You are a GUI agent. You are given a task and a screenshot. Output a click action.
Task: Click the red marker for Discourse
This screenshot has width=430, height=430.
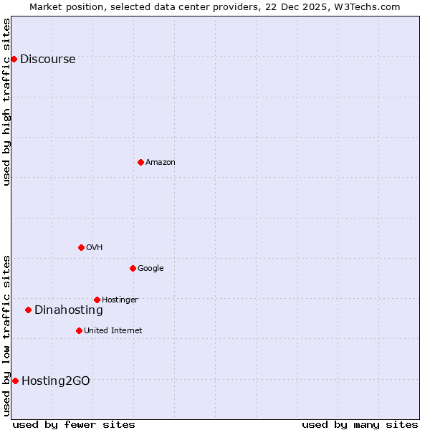point(14,59)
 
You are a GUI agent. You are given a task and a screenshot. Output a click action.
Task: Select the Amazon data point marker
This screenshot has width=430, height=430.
point(140,162)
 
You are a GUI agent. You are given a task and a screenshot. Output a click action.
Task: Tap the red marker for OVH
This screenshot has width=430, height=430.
point(81,247)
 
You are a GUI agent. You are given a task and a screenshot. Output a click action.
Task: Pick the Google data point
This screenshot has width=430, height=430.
point(133,268)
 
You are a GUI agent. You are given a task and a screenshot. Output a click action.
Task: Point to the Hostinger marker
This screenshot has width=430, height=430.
point(97,300)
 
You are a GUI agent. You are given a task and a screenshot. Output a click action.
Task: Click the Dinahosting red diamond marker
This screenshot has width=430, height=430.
point(29,310)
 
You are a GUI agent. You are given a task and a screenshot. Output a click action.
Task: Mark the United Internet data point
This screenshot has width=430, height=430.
point(79,330)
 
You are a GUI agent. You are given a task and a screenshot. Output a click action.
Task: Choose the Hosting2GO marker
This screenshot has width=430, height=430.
point(15,381)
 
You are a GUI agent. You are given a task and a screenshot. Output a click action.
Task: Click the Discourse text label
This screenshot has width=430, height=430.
point(47,59)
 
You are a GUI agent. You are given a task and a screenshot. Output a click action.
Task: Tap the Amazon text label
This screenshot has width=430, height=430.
point(161,163)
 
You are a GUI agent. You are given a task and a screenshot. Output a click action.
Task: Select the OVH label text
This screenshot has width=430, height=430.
point(94,248)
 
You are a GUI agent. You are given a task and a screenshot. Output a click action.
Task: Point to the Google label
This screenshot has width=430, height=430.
point(150,269)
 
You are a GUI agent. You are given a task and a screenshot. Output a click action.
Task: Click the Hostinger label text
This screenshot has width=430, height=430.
point(120,300)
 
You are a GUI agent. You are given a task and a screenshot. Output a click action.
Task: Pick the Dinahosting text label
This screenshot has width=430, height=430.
point(69,310)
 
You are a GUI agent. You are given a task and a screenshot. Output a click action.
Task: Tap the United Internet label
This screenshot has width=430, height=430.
point(113,331)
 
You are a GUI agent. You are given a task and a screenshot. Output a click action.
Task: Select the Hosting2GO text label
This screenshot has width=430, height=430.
point(56,381)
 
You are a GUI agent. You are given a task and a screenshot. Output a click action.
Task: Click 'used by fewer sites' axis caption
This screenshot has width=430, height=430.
point(74,424)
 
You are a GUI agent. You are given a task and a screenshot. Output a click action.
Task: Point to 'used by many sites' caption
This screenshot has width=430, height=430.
point(360,424)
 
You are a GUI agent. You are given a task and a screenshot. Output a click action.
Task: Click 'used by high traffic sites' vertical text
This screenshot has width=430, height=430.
point(7,102)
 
